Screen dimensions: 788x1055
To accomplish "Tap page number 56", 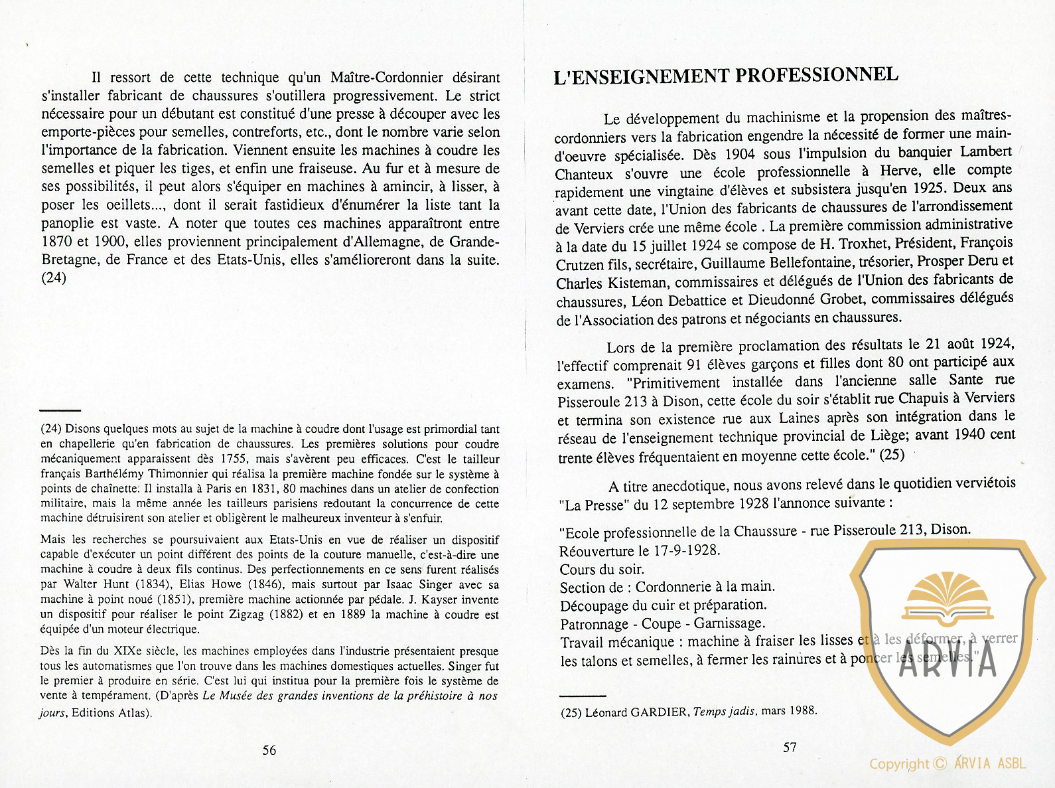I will click(269, 750).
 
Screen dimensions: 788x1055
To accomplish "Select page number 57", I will click(790, 748).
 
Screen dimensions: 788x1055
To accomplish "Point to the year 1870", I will click(56, 242).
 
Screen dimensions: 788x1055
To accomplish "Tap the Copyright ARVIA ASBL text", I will click(948, 763).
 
